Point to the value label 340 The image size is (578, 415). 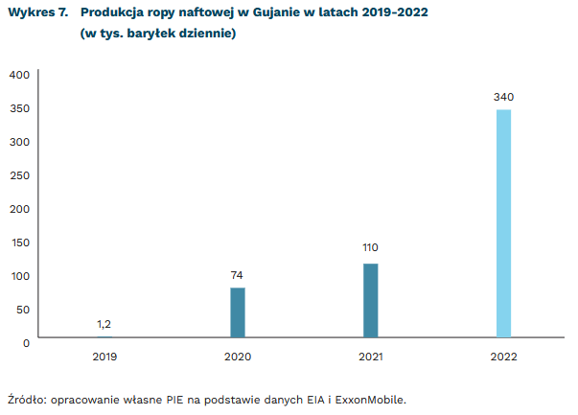pyautogui.click(x=503, y=97)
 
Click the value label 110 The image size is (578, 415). pyautogui.click(x=370, y=247)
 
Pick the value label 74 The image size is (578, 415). pyautogui.click(x=237, y=274)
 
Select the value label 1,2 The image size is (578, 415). pyautogui.click(x=104, y=324)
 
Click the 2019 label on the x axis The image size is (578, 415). pyautogui.click(x=104, y=357)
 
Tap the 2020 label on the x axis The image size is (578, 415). pyautogui.click(x=237, y=357)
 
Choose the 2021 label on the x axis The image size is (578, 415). pyautogui.click(x=370, y=357)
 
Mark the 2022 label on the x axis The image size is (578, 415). pyautogui.click(x=503, y=357)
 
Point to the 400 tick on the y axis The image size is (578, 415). pyautogui.click(x=19, y=74)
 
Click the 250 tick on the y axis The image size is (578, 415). pyautogui.click(x=19, y=174)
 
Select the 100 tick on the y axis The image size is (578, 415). pyautogui.click(x=19, y=275)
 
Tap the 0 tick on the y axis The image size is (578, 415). pyautogui.click(x=26, y=342)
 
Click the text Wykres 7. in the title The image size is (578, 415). pyautogui.click(x=37, y=14)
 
